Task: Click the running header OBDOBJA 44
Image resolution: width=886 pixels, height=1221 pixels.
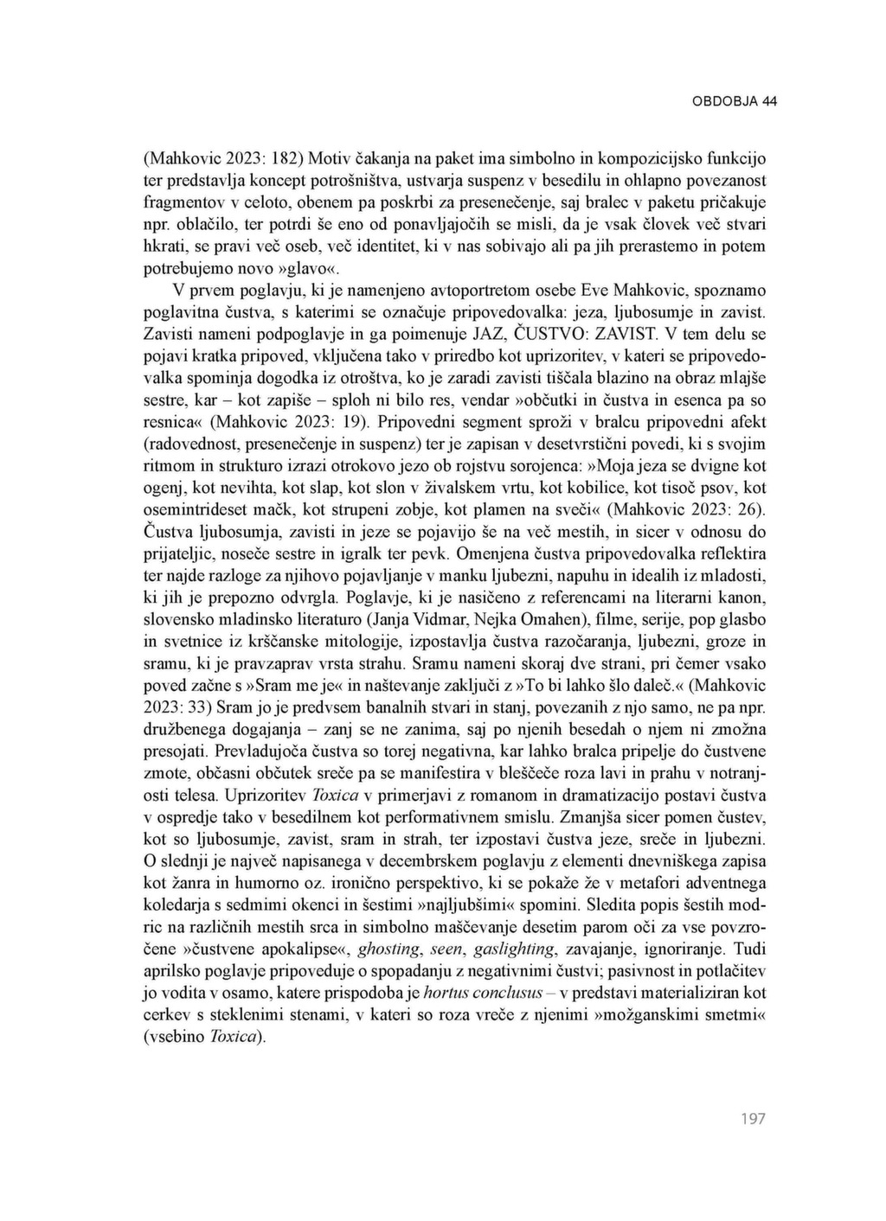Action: (x=734, y=101)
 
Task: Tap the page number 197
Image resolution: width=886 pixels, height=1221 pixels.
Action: (x=753, y=1119)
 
